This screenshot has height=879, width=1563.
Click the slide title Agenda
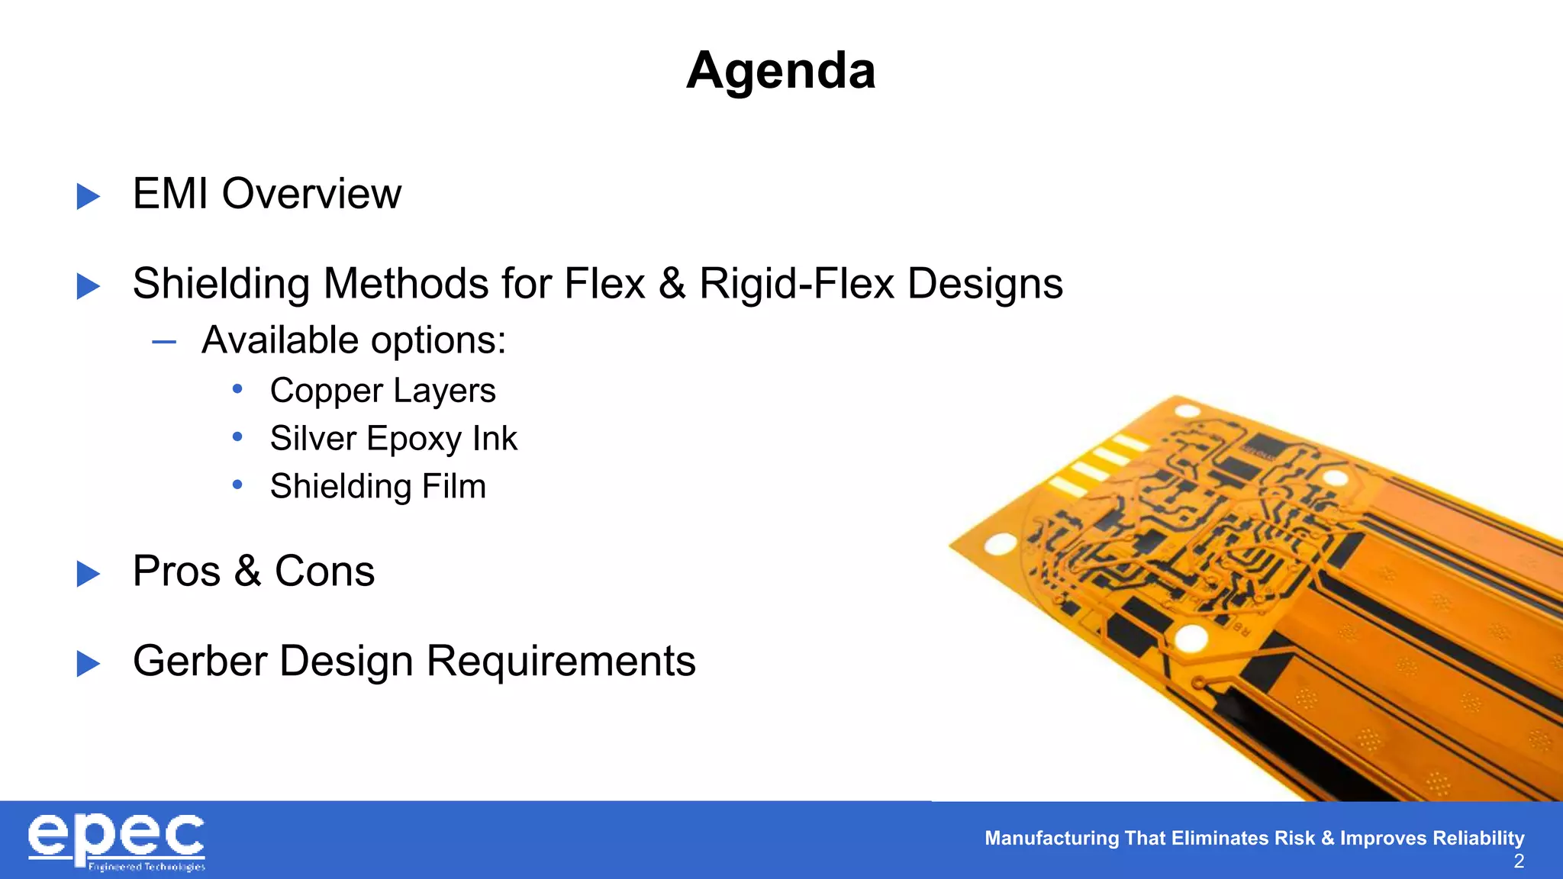(781, 71)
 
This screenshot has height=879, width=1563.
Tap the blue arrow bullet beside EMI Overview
(89, 196)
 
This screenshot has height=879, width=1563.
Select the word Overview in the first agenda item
(311, 194)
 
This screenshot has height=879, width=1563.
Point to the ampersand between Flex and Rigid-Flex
(672, 284)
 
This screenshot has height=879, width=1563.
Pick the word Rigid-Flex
(797, 284)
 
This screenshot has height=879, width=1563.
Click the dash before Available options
(164, 342)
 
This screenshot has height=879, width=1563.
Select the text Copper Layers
(382, 391)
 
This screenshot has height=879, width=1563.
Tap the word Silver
(313, 439)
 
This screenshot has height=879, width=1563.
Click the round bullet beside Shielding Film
(237, 485)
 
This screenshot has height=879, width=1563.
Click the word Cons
(324, 572)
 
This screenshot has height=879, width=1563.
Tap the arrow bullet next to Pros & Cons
(89, 574)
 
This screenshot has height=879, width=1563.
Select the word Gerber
(199, 661)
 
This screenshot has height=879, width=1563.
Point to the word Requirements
(561, 661)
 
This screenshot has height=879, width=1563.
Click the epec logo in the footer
(117, 842)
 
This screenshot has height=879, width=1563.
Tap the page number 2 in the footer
(1519, 861)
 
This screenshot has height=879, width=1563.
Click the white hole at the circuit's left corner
(1000, 545)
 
